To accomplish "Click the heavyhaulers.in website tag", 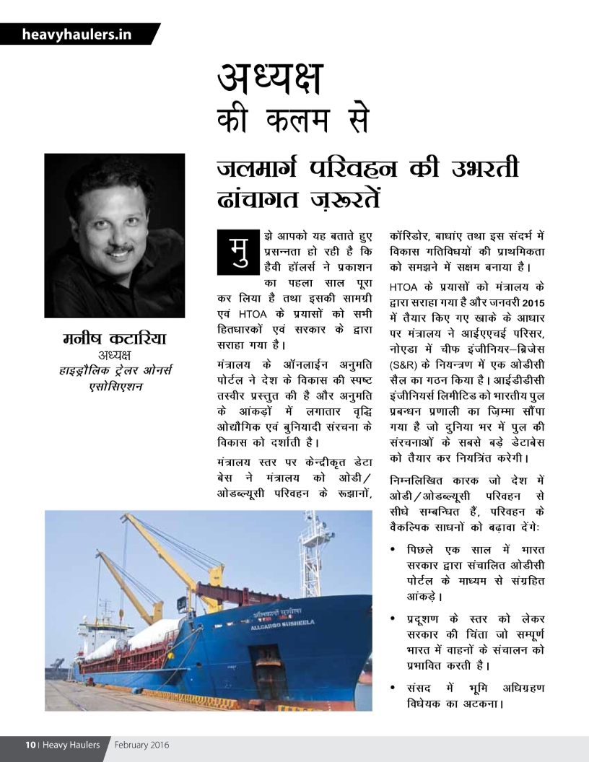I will [x=77, y=34].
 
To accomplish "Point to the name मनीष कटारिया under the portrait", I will [x=115, y=338].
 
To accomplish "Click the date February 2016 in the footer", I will [x=141, y=745].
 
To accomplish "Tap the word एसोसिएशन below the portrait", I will [x=114, y=385].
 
